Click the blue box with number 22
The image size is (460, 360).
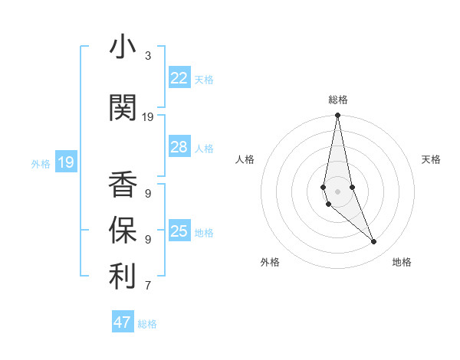(179, 78)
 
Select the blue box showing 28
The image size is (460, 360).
(179, 147)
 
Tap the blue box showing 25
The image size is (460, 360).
(179, 231)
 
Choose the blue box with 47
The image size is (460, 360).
(123, 322)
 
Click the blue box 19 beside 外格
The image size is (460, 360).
(66, 162)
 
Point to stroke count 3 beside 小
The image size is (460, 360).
(148, 56)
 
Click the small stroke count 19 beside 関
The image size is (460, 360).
(148, 117)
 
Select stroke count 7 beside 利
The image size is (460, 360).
(148, 286)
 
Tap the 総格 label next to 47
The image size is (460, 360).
(148, 324)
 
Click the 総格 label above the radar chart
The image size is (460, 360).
(338, 100)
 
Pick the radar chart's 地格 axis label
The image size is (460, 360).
(402, 262)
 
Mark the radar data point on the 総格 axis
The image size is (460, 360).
(337, 116)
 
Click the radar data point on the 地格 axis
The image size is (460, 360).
(374, 242)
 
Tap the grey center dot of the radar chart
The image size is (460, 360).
(337, 191)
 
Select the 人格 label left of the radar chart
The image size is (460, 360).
(245, 159)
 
